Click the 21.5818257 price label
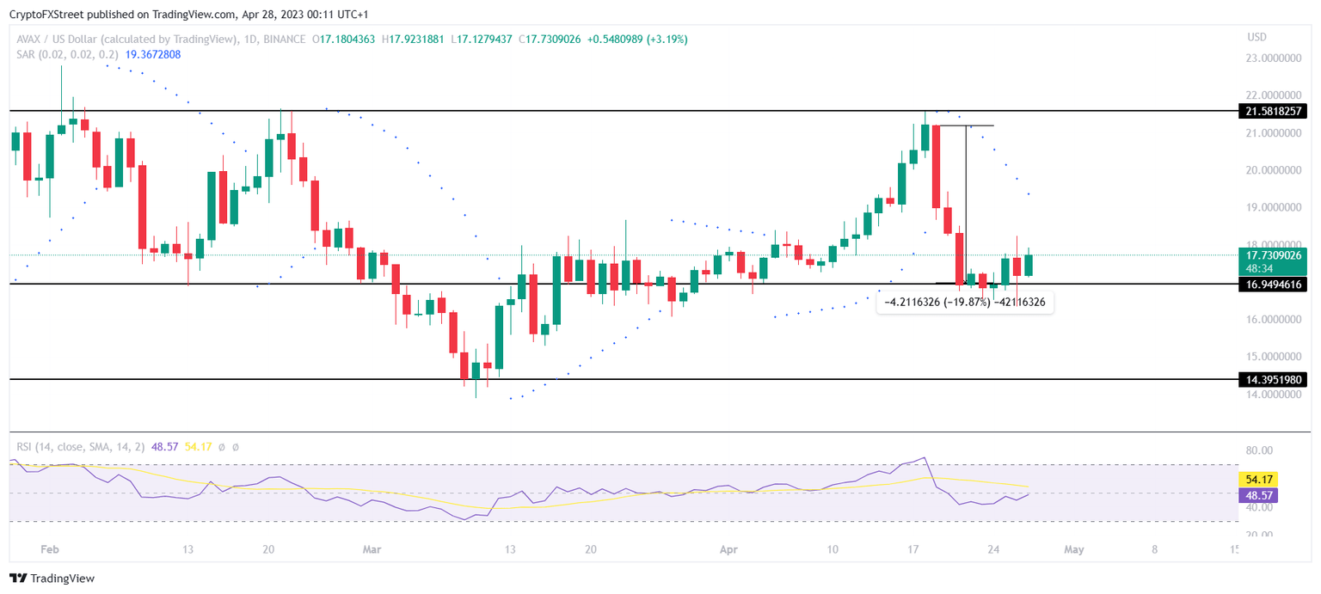click(x=1273, y=111)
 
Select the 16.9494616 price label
click(x=1273, y=285)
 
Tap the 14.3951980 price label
click(x=1273, y=379)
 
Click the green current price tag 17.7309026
click(x=1273, y=255)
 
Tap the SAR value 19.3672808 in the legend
click(x=153, y=54)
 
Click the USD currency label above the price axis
click(x=1256, y=37)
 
